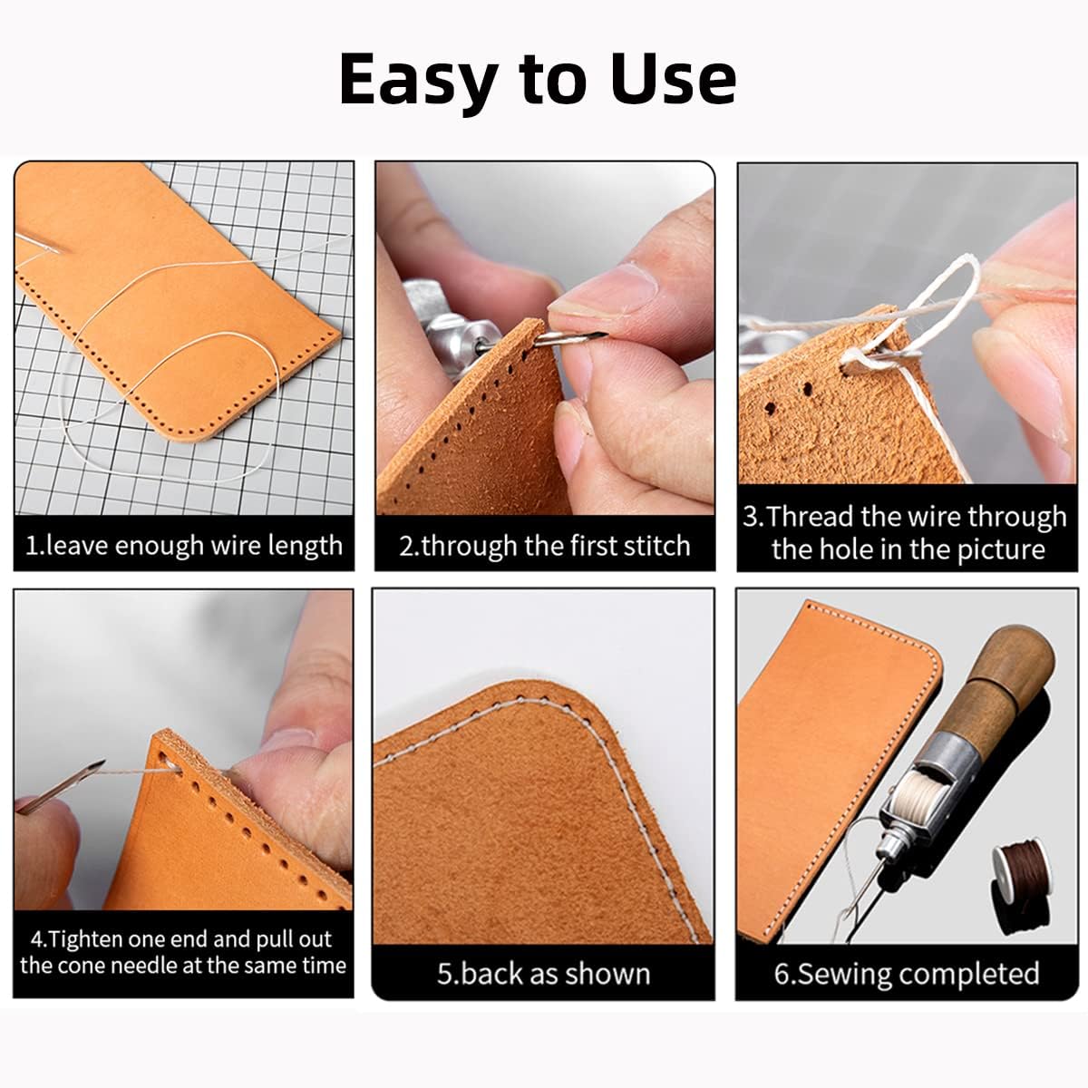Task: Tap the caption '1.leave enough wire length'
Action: (x=184, y=546)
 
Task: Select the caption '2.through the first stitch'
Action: (x=545, y=546)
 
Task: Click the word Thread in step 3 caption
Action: (x=811, y=517)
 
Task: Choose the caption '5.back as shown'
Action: (x=544, y=973)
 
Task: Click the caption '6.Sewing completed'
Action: (x=907, y=973)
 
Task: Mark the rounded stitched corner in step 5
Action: (x=580, y=716)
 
